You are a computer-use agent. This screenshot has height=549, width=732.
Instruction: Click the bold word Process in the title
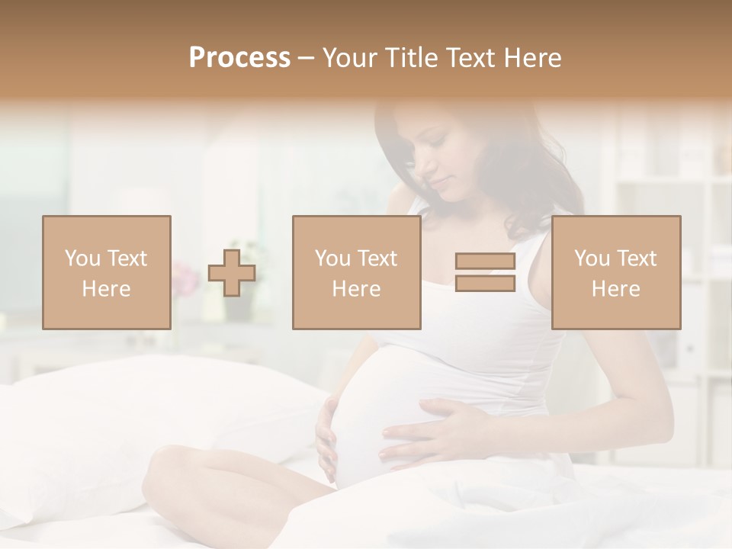[x=239, y=58]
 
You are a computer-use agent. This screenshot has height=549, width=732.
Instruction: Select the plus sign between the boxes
[x=232, y=272]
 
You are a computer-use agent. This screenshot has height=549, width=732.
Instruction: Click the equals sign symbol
[x=485, y=272]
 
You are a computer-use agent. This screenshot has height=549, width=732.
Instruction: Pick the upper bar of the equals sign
[x=485, y=262]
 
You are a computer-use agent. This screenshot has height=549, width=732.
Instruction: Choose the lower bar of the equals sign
[x=485, y=284]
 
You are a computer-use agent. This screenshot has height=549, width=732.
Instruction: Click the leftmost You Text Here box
[x=107, y=272]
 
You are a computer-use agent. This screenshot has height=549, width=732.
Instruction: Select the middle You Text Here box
[x=357, y=272]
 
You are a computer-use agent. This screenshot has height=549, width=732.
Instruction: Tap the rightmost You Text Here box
[x=616, y=272]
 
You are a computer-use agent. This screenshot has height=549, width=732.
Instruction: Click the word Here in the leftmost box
[x=107, y=289]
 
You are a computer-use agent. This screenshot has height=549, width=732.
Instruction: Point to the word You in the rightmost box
[x=592, y=258]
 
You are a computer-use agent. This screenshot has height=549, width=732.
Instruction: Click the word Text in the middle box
[x=377, y=258]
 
